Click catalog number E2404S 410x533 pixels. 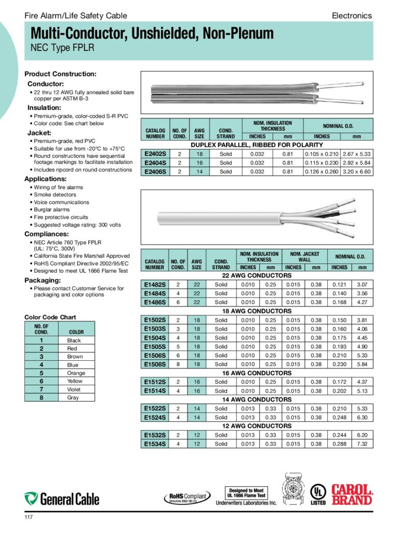coord(154,163)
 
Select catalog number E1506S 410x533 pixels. coord(154,356)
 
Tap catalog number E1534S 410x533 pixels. coord(154,444)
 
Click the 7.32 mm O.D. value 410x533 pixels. coord(362,444)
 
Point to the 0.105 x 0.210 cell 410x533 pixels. coord(322,154)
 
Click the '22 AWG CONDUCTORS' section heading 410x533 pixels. coord(257,275)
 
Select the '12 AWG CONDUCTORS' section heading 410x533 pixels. coord(257,426)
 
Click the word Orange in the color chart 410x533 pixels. coord(76,373)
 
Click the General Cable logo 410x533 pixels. coord(62,499)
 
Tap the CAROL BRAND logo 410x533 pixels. coord(352,494)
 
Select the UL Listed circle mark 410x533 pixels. coord(318,493)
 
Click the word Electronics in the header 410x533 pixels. coord(352,16)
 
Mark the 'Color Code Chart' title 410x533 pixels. coord(50,317)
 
